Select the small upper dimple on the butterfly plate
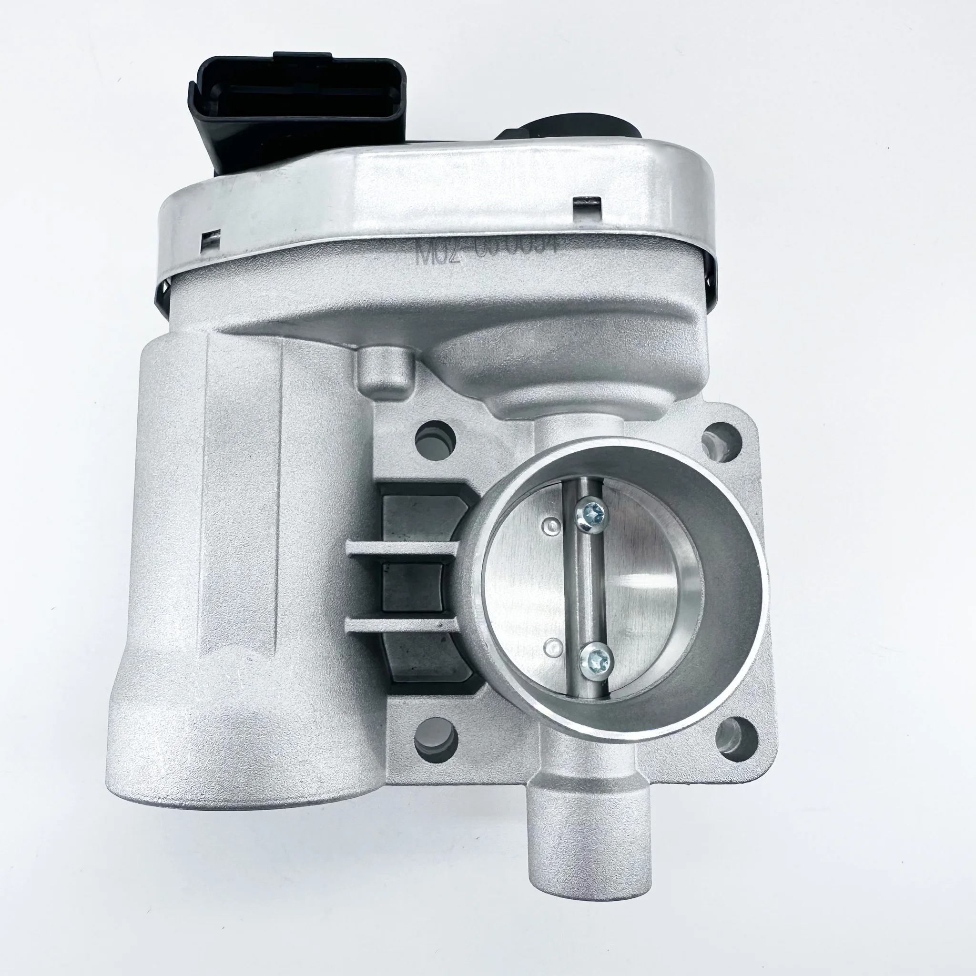pyautogui.click(x=550, y=525)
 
